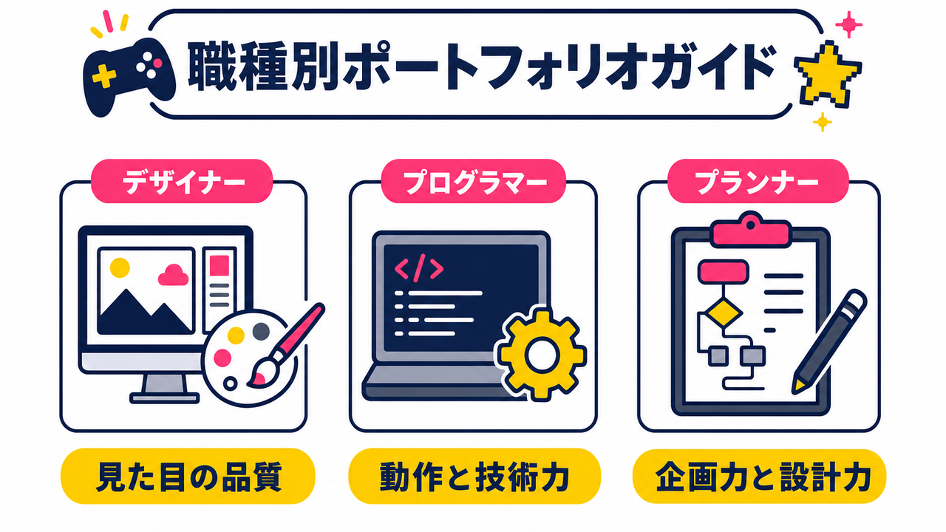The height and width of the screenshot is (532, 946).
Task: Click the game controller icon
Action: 129,76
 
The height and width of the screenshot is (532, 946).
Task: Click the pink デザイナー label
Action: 182,181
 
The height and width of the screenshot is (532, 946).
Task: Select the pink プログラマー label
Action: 474,181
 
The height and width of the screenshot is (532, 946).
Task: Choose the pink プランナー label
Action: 758,181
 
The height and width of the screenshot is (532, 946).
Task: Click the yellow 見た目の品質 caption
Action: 188,477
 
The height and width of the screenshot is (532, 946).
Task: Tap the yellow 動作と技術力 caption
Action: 474,477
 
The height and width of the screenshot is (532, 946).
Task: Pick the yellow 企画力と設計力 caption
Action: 759,477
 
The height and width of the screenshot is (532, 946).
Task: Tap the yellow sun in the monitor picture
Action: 120,267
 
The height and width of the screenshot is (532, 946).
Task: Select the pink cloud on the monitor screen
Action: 173,275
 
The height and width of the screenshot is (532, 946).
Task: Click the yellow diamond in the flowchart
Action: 724,313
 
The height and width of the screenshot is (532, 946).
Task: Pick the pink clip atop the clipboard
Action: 750,230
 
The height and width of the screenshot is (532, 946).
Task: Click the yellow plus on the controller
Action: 104,76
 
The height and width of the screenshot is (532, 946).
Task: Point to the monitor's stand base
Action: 164,398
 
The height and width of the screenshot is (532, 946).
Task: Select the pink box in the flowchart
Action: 723,272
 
